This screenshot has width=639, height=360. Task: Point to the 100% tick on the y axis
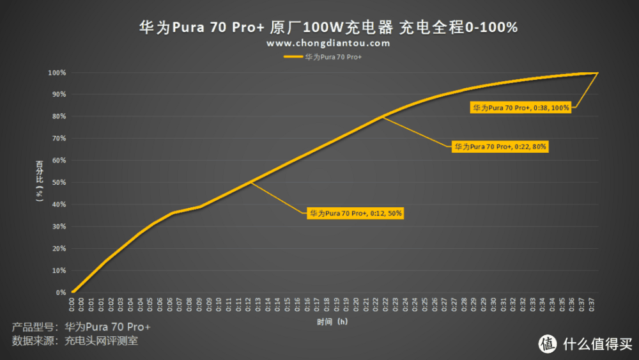point(57,72)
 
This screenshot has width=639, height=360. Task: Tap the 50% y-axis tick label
point(58,183)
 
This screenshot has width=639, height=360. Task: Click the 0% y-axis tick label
point(60,293)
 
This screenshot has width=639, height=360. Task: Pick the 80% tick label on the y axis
point(58,116)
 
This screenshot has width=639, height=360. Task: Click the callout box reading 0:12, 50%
point(355,214)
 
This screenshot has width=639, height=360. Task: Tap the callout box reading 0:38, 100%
point(521,108)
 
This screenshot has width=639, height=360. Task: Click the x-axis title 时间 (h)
point(333,322)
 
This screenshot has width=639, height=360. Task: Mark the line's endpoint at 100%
point(597,73)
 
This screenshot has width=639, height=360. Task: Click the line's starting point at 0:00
point(72,293)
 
